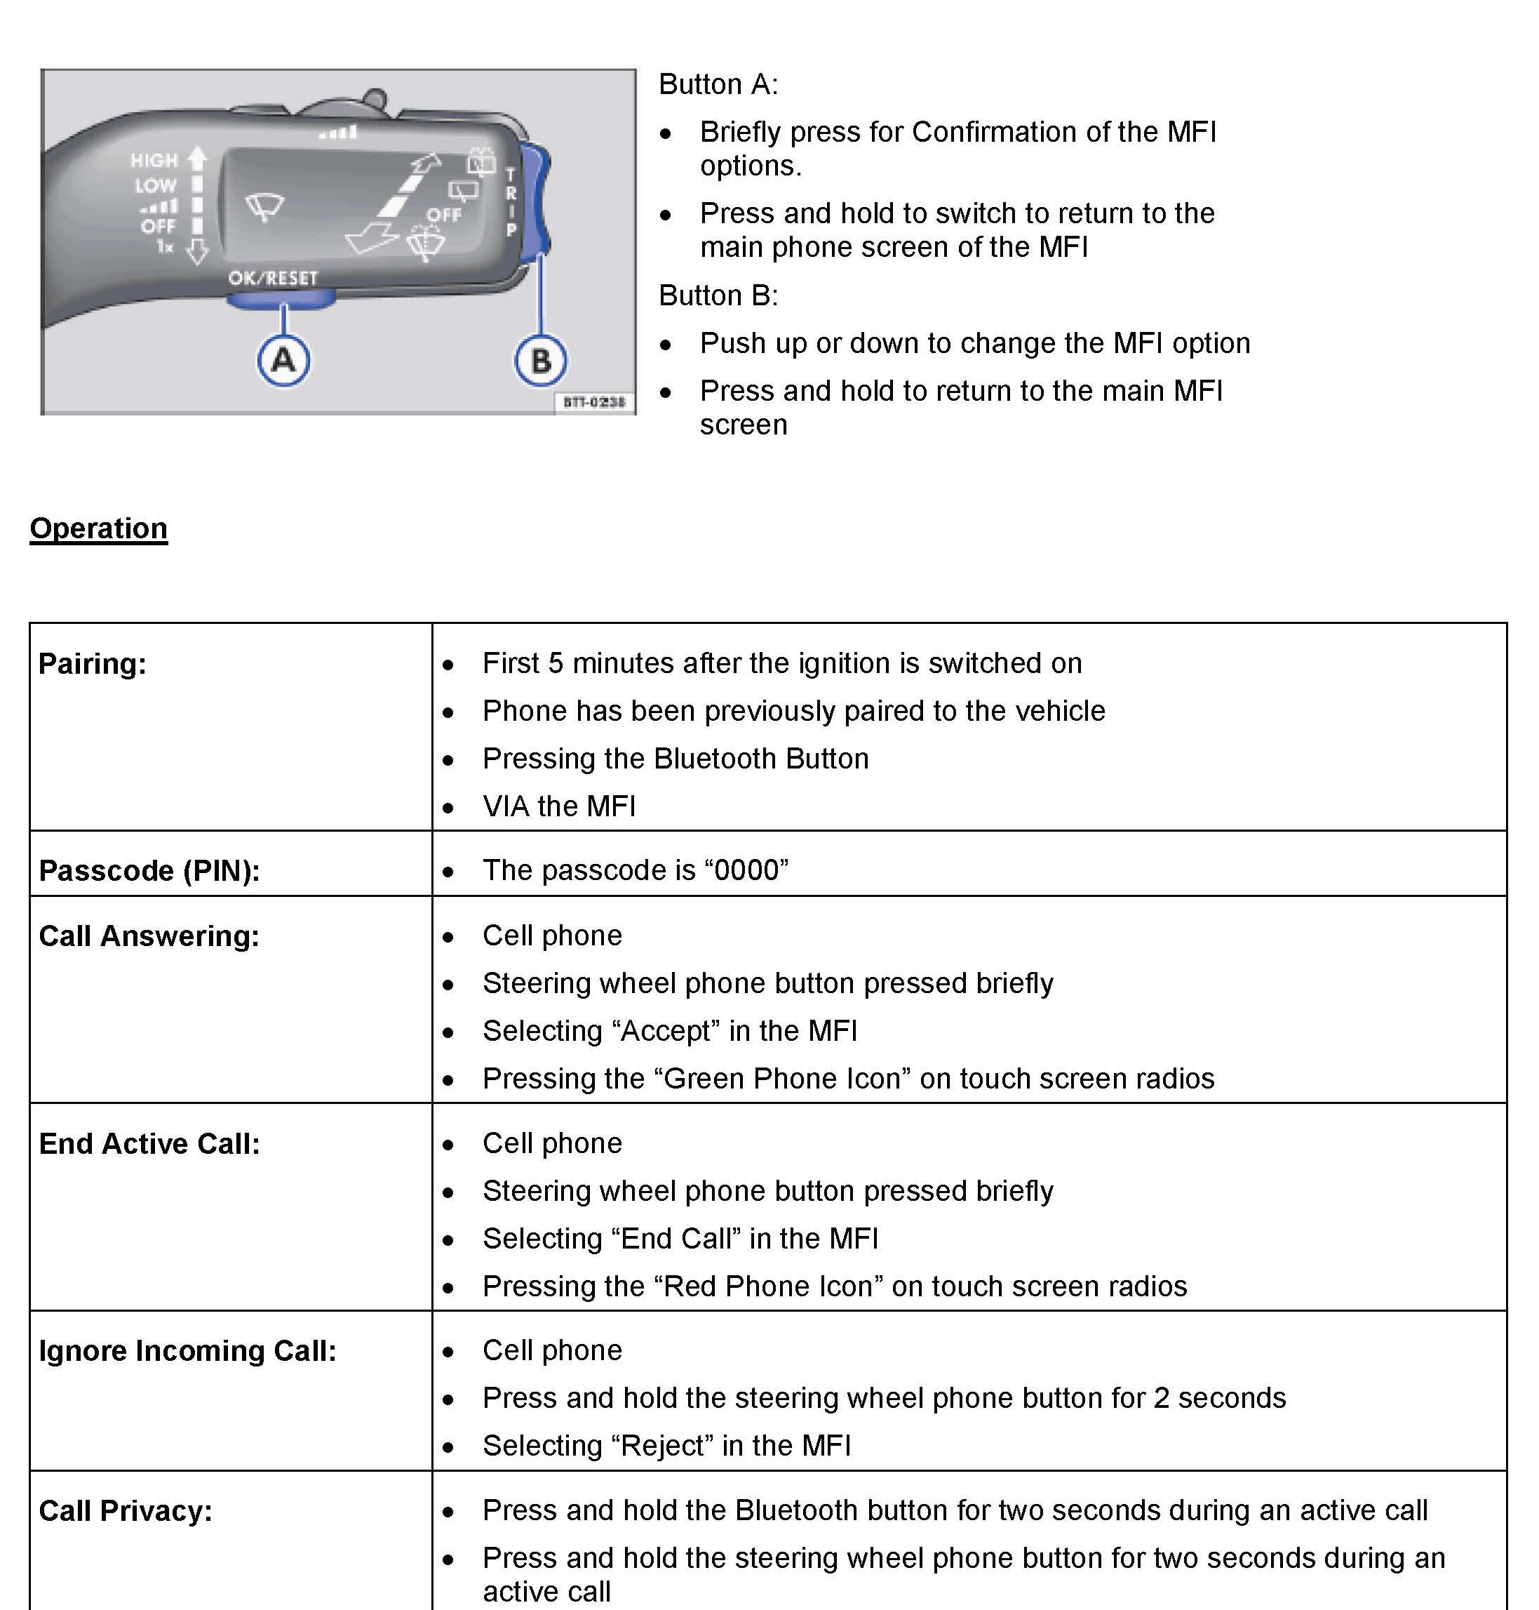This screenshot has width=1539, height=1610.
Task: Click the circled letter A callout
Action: point(283,360)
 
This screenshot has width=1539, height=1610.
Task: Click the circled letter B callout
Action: point(541,360)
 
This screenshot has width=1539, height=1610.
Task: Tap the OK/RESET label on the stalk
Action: point(272,278)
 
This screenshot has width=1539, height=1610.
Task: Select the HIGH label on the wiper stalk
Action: point(154,160)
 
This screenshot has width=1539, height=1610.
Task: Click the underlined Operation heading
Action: point(98,528)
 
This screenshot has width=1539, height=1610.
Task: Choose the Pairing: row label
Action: point(93,664)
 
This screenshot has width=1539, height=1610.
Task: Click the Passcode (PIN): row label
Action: point(149,871)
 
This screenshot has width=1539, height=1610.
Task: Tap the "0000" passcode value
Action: point(751,870)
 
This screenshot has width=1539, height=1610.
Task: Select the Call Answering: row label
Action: point(149,936)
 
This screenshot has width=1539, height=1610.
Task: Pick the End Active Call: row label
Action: point(149,1144)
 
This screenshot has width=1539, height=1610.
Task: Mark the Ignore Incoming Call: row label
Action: point(188,1352)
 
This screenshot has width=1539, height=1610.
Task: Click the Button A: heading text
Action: point(718,84)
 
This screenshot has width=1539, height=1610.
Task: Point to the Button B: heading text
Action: point(718,295)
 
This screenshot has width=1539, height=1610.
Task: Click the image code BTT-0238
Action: point(594,402)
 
